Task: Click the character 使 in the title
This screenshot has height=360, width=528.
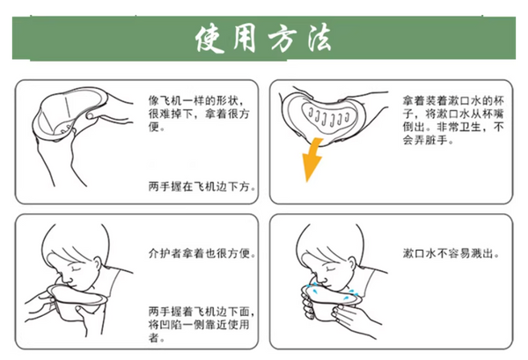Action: (x=214, y=38)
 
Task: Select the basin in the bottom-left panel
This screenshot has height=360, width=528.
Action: (x=79, y=299)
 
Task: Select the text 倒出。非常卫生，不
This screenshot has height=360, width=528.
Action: (x=453, y=128)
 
